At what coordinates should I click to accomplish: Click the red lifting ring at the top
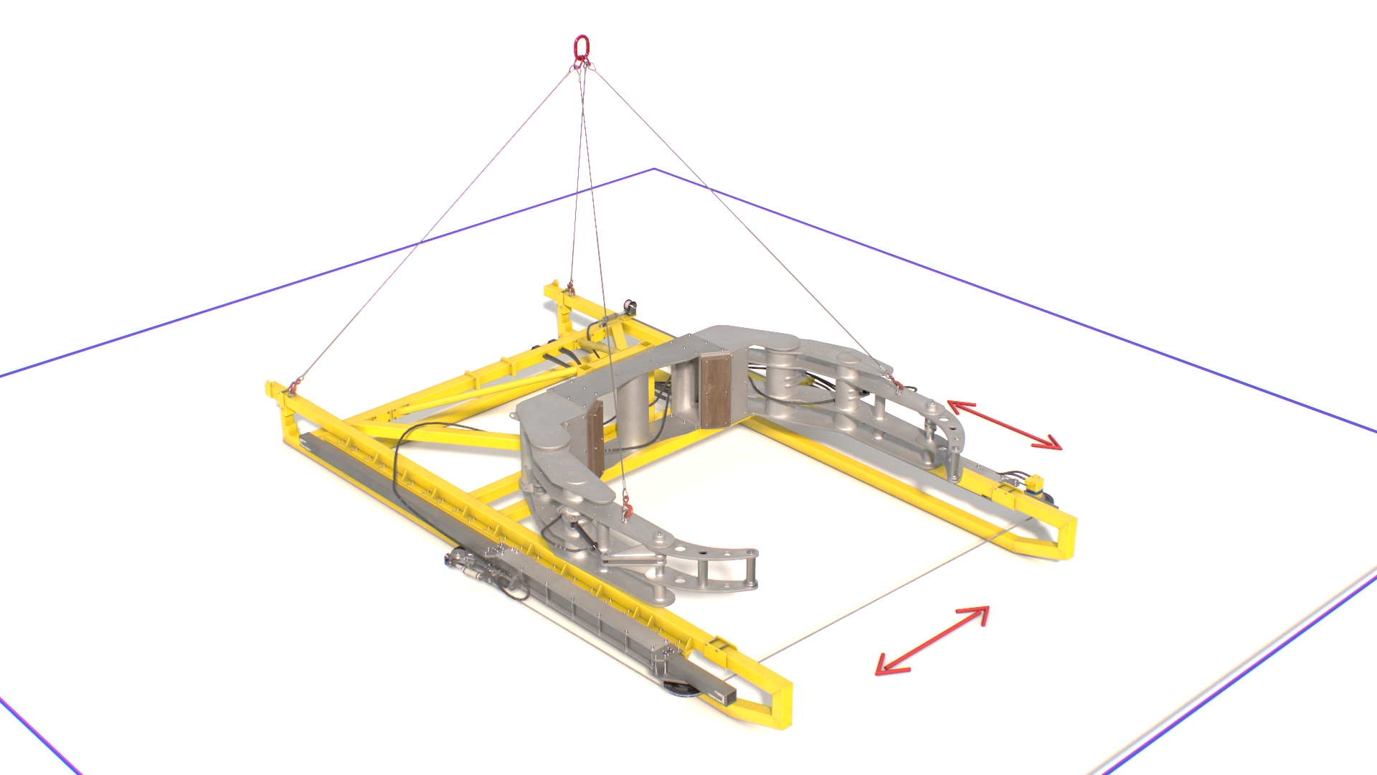point(581,47)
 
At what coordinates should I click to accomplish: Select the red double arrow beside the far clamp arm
point(1004,425)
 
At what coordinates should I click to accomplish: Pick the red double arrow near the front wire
point(932,640)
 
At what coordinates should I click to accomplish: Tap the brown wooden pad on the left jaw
point(594,436)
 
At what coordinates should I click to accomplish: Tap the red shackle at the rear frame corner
point(570,288)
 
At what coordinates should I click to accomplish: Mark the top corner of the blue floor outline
point(654,169)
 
